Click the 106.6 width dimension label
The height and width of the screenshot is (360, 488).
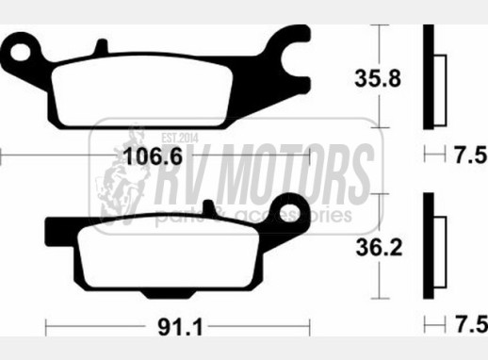(x=153, y=156)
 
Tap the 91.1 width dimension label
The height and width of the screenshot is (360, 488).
(x=180, y=328)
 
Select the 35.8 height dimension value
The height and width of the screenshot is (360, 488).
(x=378, y=78)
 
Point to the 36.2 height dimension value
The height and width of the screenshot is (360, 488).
(x=379, y=247)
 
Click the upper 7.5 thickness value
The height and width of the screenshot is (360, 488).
(x=471, y=155)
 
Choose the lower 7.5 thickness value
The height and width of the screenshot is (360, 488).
(x=471, y=324)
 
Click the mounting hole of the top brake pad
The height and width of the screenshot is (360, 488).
(x=21, y=52)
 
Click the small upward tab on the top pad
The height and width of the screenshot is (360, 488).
(x=102, y=46)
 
